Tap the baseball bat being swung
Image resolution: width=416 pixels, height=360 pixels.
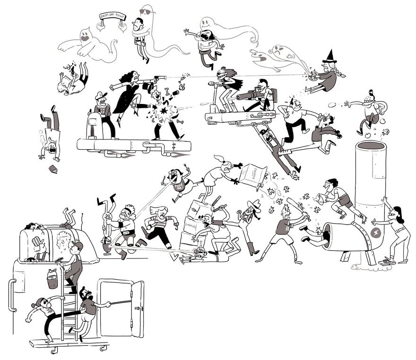tap(296, 208)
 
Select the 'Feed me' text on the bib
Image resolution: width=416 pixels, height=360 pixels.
tap(180, 185)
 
